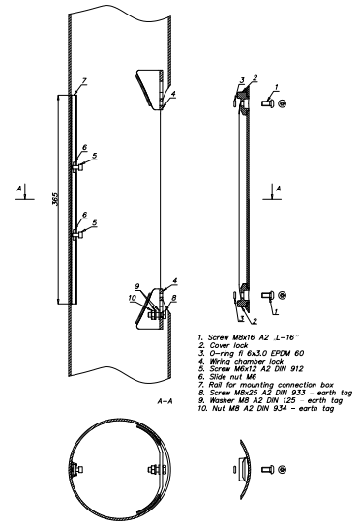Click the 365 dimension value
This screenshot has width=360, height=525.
pos(55,199)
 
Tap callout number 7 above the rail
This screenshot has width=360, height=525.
pos(84,80)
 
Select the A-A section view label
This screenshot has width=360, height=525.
pos(165,401)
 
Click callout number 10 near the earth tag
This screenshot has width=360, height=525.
pos(132,298)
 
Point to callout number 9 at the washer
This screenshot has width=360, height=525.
pos(136,286)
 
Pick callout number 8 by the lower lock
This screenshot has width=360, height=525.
pos(174,298)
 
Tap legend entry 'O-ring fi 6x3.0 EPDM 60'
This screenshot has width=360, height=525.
pos(251,353)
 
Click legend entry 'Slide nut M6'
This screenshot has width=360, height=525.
pos(227,377)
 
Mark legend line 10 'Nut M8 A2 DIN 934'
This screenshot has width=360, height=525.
pos(266,409)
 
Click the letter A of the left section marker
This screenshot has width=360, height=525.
pos(19,189)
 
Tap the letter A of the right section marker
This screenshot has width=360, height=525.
pos(278,189)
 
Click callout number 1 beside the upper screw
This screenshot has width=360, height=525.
pos(277,87)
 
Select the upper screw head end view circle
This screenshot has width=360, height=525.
pos(283,102)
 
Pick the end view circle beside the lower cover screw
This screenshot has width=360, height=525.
pos(283,295)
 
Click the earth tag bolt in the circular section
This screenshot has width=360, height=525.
pos(157,470)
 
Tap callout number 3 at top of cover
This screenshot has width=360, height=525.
pos(242,80)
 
